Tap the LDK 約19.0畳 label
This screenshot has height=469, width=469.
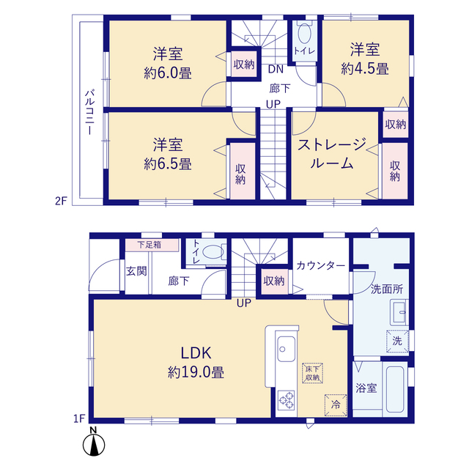196,363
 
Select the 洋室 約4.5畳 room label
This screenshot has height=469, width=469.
365,59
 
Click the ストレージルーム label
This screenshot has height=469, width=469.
332,154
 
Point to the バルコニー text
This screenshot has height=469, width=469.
89,112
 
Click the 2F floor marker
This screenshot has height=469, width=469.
61,201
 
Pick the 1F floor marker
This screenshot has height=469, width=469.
80,418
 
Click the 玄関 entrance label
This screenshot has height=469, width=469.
136,271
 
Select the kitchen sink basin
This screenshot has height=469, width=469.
287,349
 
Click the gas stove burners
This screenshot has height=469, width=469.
287,400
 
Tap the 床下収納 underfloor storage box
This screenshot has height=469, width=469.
313,373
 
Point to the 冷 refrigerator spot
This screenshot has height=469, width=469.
336,405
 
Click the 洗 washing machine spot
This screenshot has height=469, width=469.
397,341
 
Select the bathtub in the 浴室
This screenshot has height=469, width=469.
395,388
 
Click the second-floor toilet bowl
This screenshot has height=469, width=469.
305,33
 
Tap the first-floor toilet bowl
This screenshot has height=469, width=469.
213,252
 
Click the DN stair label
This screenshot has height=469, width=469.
276,70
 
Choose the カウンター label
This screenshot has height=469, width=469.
321,265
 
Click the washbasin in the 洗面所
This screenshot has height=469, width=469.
399,313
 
